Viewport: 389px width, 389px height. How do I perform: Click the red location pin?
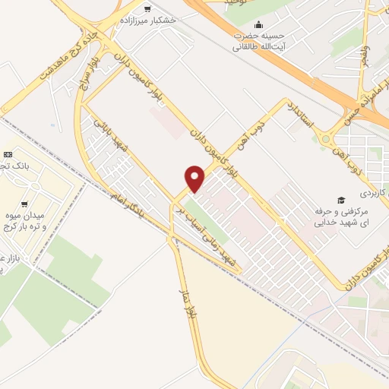[x=195, y=179]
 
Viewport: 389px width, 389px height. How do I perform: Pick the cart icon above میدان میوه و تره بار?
[x=26, y=204]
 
